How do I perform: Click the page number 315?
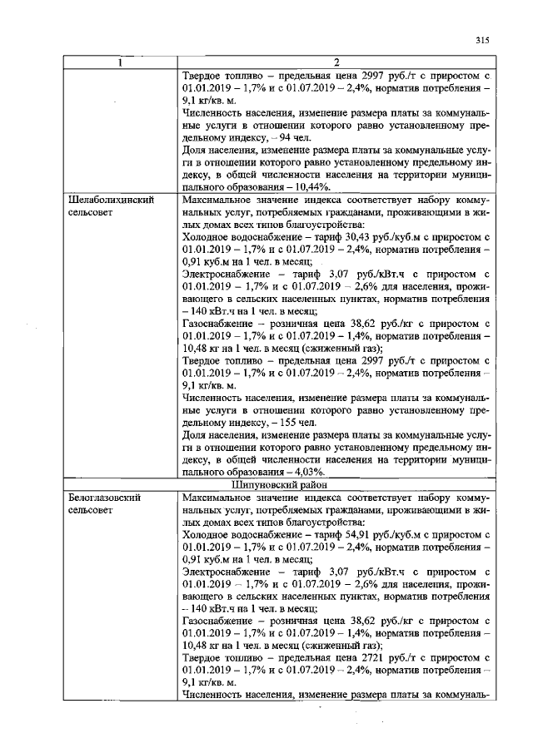point(481,39)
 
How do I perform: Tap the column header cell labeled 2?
point(336,63)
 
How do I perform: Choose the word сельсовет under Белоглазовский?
point(92,508)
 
